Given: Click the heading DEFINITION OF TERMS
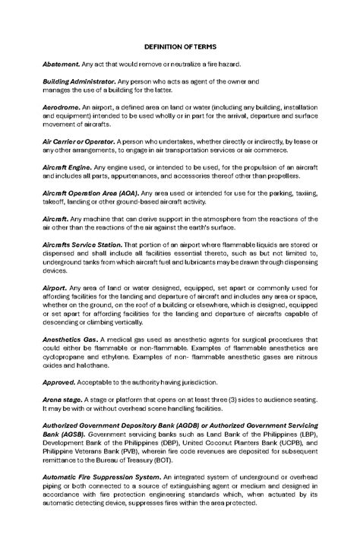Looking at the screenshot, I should point(180,47).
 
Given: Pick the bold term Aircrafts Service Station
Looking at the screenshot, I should point(82,245).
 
